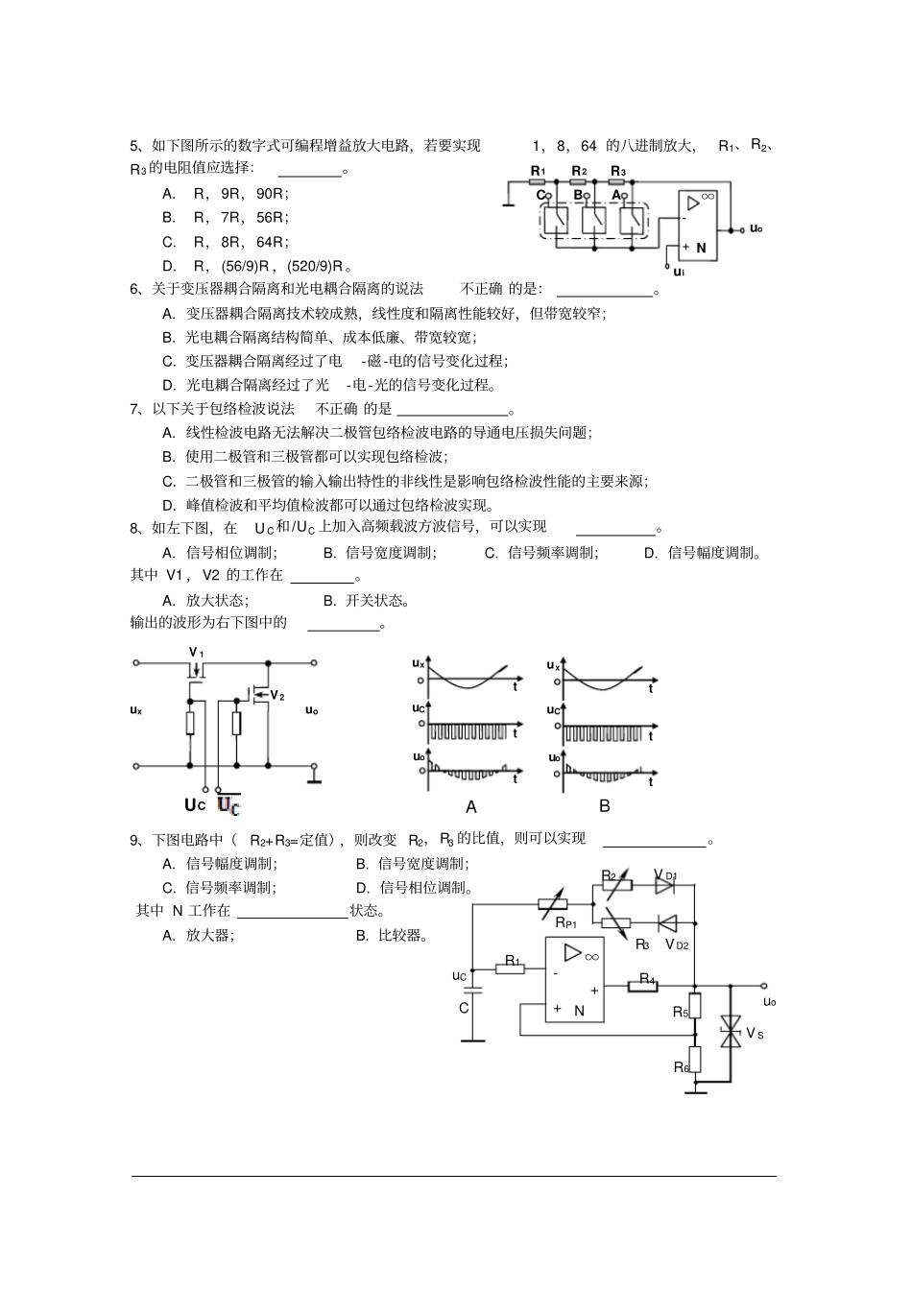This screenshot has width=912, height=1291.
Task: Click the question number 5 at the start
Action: (x=134, y=146)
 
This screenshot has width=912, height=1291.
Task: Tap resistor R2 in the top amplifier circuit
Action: (x=579, y=179)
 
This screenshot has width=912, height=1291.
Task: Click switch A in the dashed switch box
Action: (x=630, y=219)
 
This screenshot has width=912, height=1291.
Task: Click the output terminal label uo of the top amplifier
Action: (x=756, y=228)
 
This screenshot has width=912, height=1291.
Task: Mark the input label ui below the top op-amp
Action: (x=678, y=272)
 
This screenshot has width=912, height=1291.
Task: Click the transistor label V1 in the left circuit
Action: (x=196, y=653)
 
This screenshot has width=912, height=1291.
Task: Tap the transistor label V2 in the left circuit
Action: (x=276, y=696)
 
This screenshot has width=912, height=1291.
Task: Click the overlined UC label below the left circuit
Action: (x=228, y=805)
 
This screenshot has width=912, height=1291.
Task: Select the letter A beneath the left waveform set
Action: (x=471, y=807)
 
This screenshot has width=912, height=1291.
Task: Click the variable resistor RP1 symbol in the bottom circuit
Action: (x=553, y=903)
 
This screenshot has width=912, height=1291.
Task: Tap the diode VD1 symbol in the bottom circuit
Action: (x=664, y=888)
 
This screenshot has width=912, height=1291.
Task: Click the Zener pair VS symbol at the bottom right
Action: (x=731, y=1033)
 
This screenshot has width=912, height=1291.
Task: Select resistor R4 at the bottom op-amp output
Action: (x=642, y=986)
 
